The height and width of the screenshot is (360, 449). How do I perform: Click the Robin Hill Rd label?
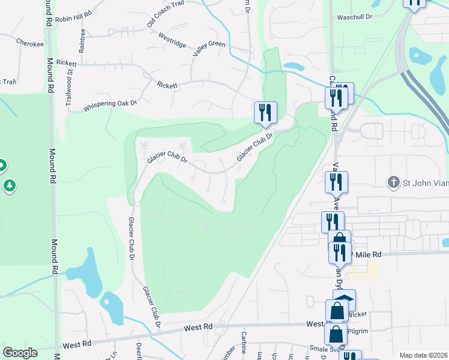(73, 19)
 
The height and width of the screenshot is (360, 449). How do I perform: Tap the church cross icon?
(393, 182)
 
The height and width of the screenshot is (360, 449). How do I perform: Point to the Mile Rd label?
(368, 254)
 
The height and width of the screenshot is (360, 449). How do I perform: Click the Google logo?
(20, 353)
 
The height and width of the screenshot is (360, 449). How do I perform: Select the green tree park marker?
(9, 185)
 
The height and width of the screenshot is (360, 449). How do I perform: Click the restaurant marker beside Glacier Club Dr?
(265, 113)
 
